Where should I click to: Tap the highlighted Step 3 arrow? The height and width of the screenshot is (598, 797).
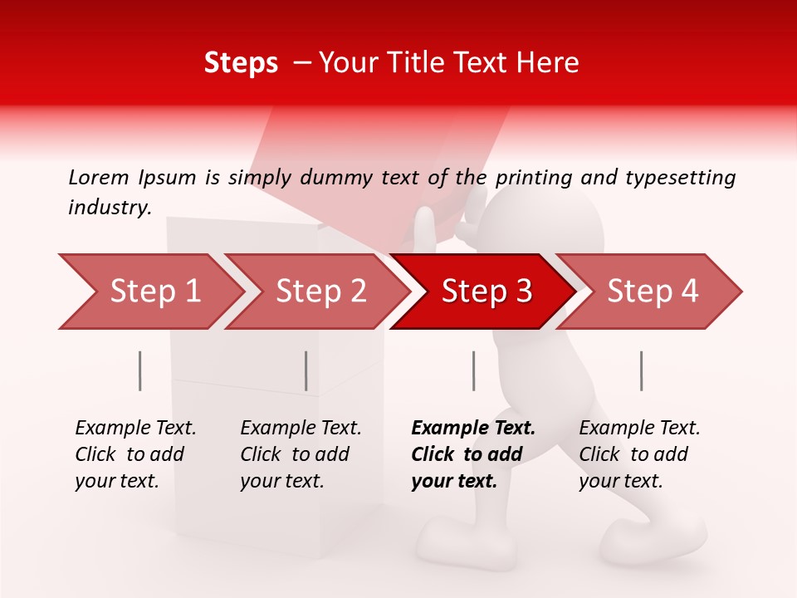click(x=487, y=292)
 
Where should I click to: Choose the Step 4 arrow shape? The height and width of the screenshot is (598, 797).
click(x=653, y=292)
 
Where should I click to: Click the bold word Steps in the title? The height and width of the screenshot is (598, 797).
click(x=241, y=63)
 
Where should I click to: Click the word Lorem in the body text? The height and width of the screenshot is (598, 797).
click(x=98, y=178)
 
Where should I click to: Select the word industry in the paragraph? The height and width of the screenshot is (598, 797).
click(x=110, y=208)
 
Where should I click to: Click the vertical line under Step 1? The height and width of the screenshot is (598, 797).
click(x=140, y=370)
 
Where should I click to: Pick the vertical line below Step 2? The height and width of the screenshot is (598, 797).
click(x=306, y=370)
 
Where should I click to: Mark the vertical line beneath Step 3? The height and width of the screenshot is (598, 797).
click(x=474, y=370)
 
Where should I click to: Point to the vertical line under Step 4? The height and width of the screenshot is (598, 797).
click(x=642, y=370)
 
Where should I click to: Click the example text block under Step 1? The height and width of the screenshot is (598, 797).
click(x=135, y=454)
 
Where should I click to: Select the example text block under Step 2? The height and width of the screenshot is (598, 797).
click(x=301, y=454)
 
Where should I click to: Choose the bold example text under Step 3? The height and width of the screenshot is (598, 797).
click(x=473, y=454)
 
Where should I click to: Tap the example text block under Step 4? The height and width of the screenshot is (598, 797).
click(x=639, y=454)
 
